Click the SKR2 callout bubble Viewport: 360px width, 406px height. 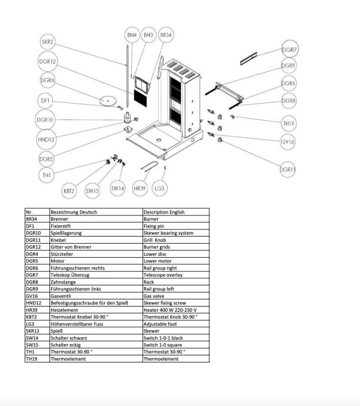48,42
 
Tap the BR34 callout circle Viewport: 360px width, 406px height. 166,35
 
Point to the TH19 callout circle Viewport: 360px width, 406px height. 288,123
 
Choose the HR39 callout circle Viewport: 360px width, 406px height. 140,188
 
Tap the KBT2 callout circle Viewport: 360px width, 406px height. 69,190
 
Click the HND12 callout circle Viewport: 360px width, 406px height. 46,139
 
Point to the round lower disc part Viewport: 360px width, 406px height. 108,101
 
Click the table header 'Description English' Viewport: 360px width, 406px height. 164,212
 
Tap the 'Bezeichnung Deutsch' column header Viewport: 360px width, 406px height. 74,212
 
